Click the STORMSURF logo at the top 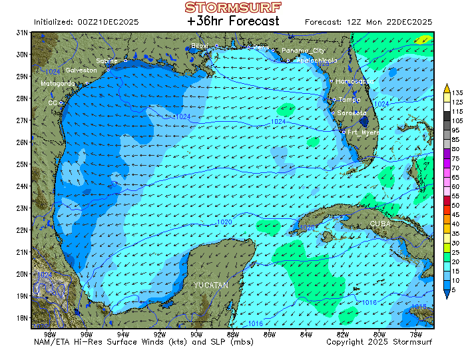233,7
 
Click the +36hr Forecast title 233,21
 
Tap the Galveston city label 81,70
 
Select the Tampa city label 349,100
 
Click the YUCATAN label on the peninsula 211,285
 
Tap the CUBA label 381,224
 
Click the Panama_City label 303,51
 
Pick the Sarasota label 351,113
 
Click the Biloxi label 200,45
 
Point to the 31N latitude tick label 22,33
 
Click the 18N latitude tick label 22,318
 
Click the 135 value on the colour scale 457,92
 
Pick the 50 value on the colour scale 456,206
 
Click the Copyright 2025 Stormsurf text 379,342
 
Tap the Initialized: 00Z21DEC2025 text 86,22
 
